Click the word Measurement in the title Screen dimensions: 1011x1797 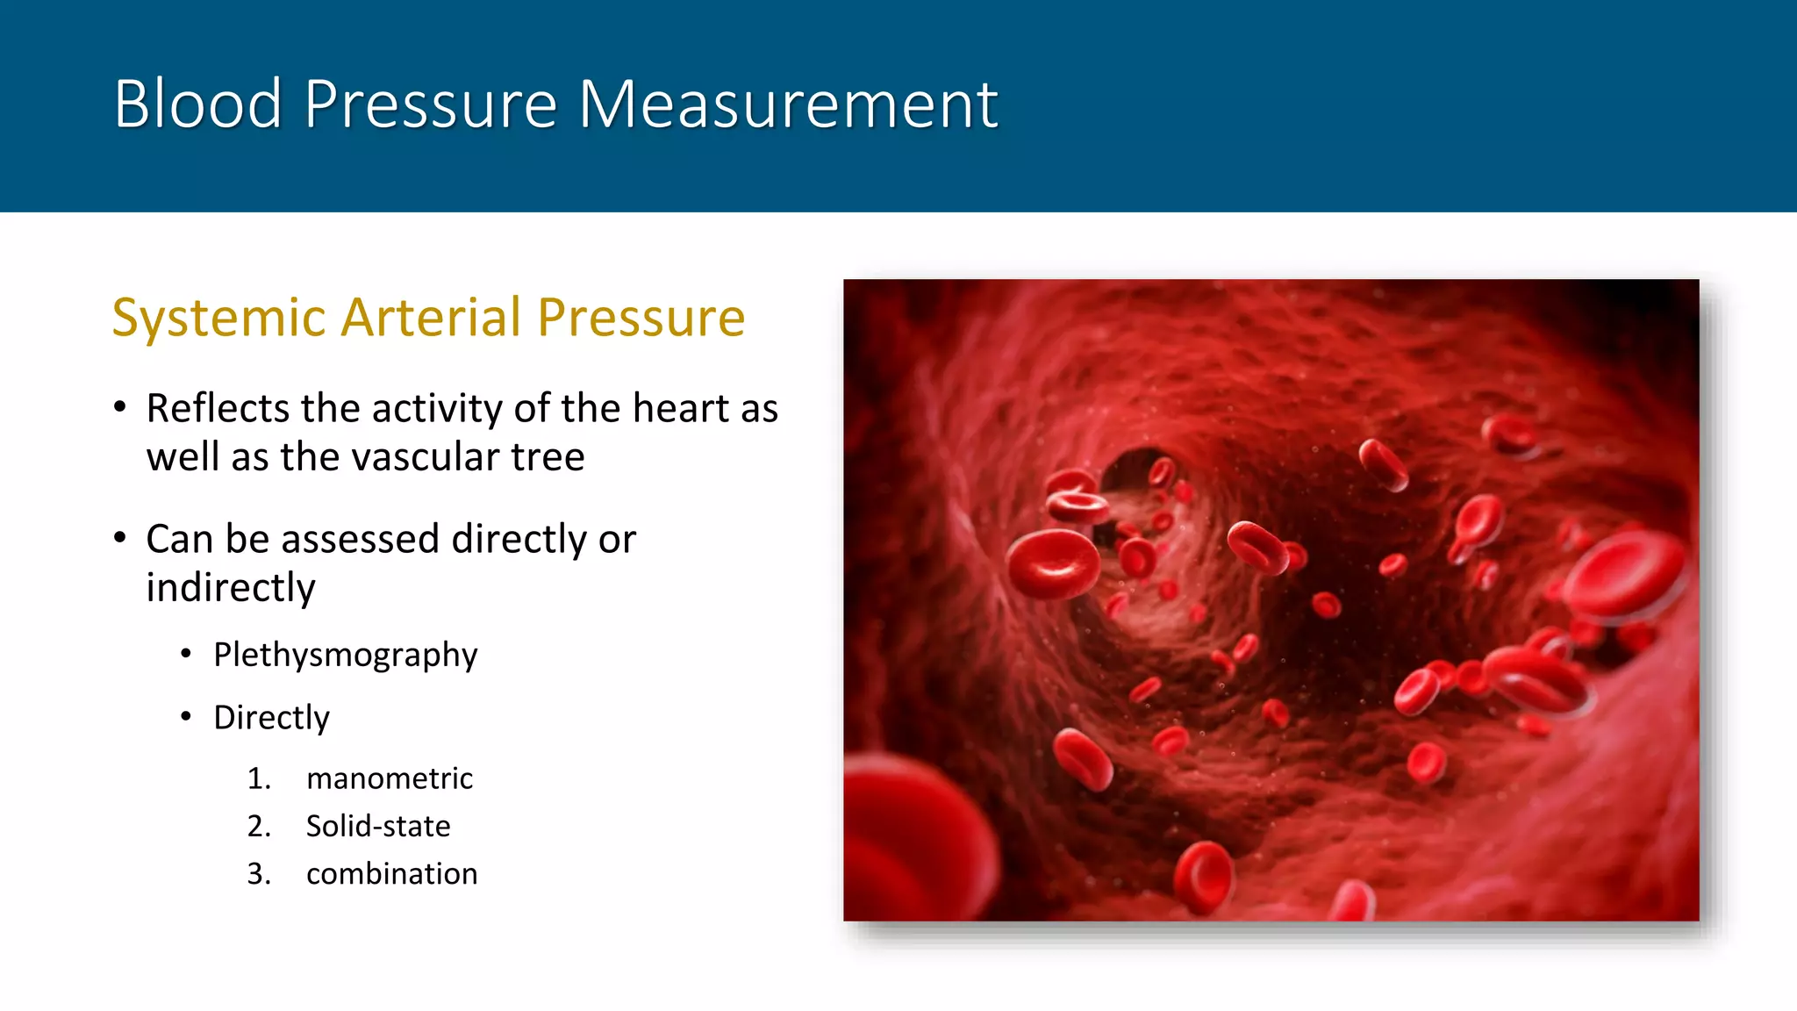tap(787, 104)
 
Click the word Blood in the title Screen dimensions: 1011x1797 tap(197, 104)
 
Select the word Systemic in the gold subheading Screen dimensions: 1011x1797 tap(219, 318)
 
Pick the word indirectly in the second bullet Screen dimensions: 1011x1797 tap(231, 587)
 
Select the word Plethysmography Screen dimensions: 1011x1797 tap(345, 655)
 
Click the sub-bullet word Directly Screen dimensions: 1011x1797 tap(271, 718)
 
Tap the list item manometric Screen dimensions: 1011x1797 tap(390, 778)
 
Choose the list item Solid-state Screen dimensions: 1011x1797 tap(378, 826)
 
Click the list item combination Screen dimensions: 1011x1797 tap(391, 874)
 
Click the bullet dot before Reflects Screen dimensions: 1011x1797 tap(120, 407)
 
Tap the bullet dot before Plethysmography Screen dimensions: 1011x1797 tap(186, 654)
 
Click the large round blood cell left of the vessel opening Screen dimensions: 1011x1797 tap(1053, 563)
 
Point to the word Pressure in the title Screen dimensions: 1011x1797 tap(430, 104)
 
